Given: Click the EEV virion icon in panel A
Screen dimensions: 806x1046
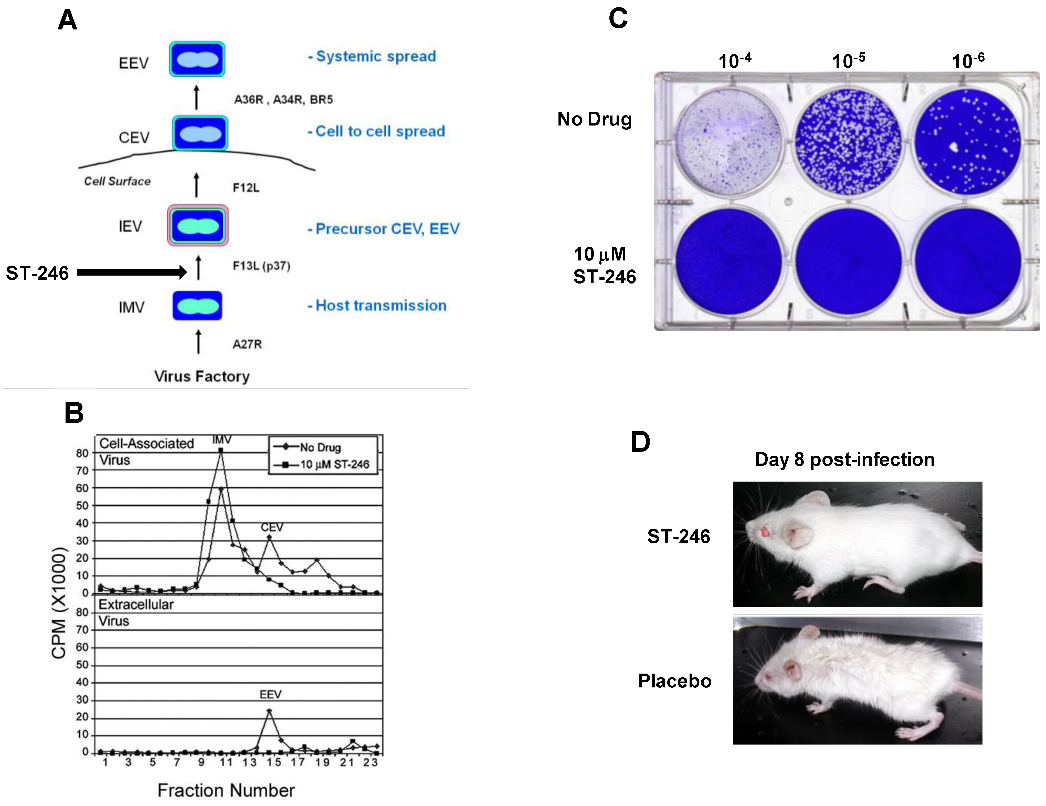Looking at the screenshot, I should (x=197, y=59).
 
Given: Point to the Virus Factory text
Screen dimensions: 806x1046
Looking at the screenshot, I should (x=202, y=376).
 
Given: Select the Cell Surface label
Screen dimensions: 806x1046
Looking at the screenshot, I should (x=117, y=181).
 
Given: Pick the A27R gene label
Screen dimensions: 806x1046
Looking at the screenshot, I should (x=247, y=344).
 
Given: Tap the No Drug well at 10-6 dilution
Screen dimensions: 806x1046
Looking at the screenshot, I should (x=967, y=141).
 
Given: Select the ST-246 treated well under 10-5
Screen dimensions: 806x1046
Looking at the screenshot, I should (x=849, y=261).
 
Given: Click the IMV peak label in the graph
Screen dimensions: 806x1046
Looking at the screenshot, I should (x=221, y=439).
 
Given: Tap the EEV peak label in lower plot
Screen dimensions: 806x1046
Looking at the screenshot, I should (x=271, y=694).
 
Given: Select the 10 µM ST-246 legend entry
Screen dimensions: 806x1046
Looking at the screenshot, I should (x=334, y=464).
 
